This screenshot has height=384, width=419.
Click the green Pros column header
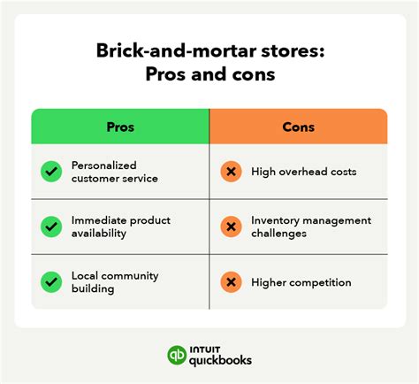[120, 127]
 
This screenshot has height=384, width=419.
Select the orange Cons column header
[298, 127]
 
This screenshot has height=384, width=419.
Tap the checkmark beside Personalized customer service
[51, 171]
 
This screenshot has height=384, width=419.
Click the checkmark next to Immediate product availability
[51, 227]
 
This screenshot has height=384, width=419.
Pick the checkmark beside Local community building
[51, 282]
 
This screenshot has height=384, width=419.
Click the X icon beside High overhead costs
[231, 171]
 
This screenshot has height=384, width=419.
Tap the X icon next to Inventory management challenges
[231, 227]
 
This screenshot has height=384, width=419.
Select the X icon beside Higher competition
[231, 282]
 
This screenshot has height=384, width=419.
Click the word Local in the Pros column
[86, 276]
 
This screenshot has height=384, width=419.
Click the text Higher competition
[301, 282]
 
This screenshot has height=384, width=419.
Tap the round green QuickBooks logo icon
[176, 355]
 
